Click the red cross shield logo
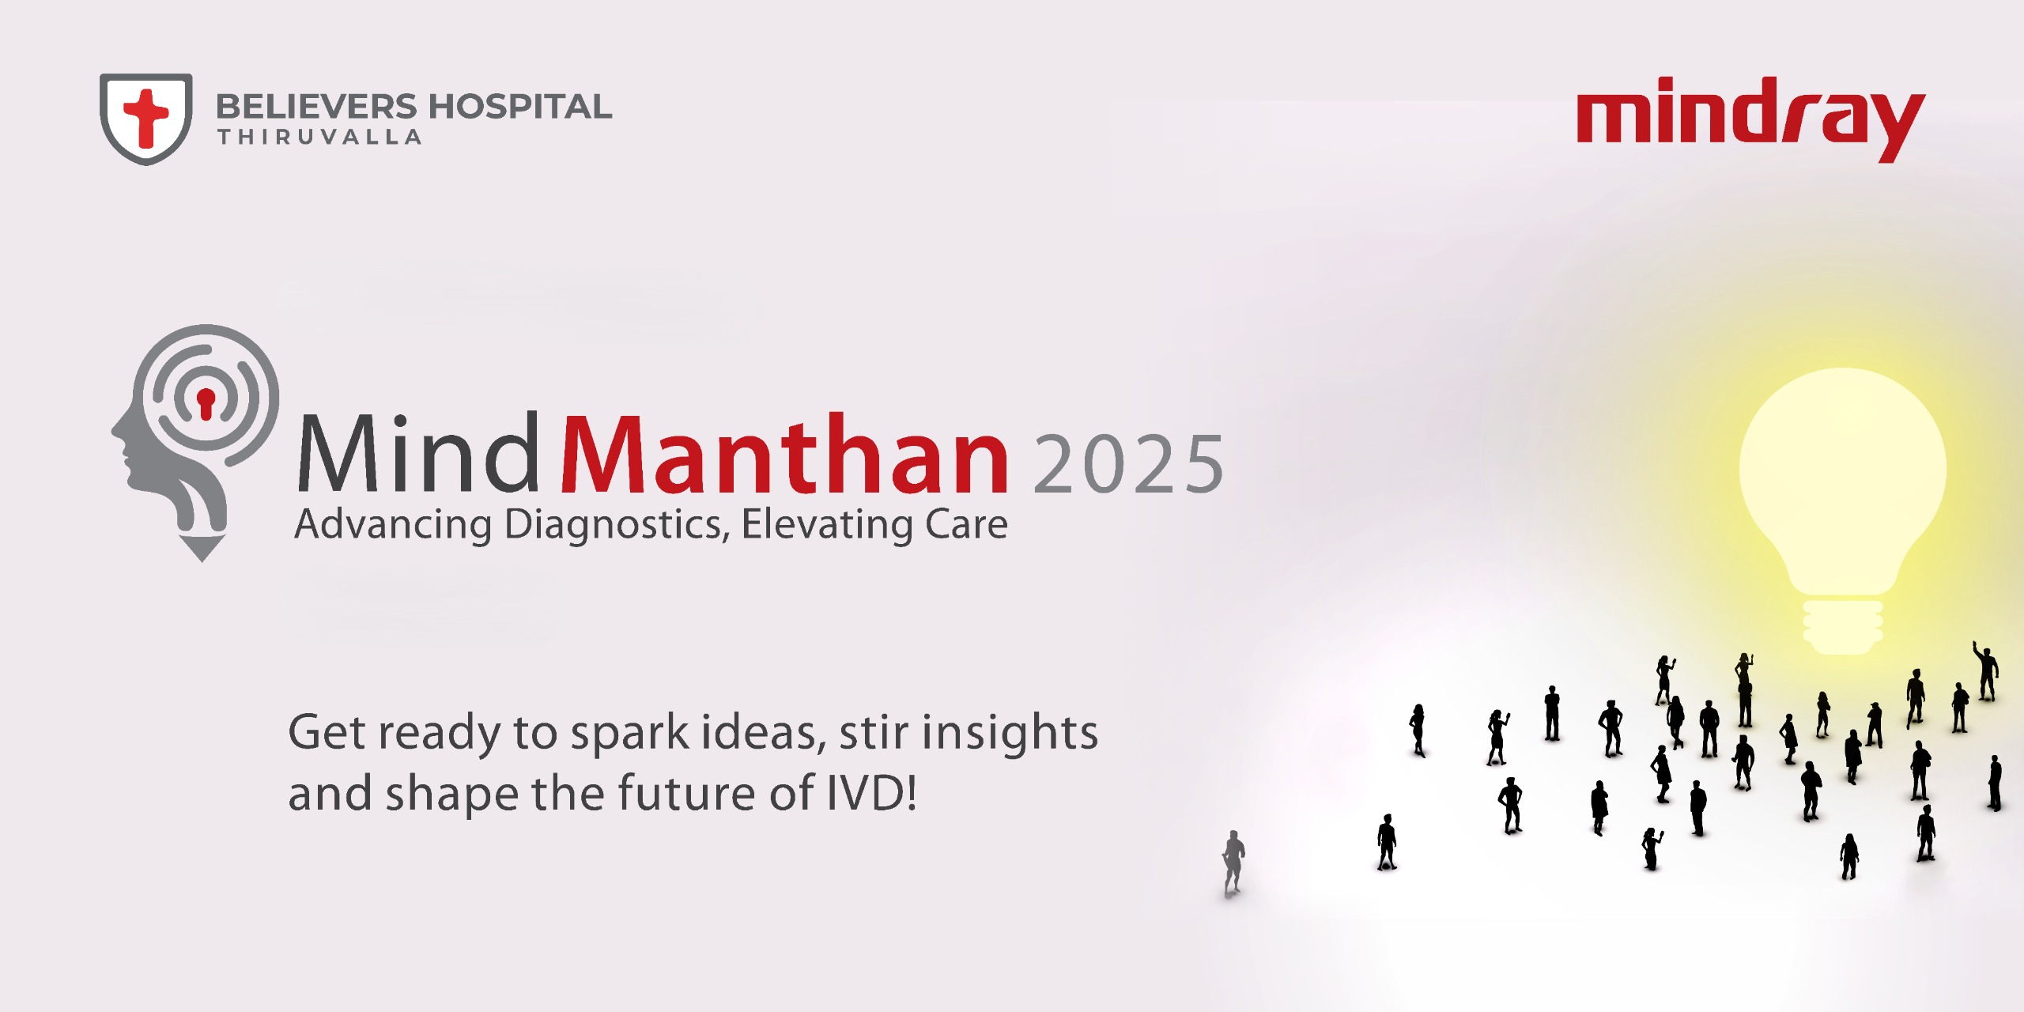pyautogui.click(x=146, y=119)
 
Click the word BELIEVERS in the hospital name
pyautogui.click(x=316, y=107)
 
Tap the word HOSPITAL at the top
pyautogui.click(x=520, y=107)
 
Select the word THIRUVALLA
pyautogui.click(x=319, y=138)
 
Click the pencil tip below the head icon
pyautogui.click(x=202, y=549)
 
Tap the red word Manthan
pyautogui.click(x=784, y=455)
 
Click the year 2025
pyautogui.click(x=1128, y=464)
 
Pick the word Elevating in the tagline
pyautogui.click(x=827, y=525)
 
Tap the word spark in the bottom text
pyautogui.click(x=631, y=734)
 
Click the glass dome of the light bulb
pyautogui.click(x=1842, y=474)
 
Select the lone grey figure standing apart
pyautogui.click(x=1233, y=862)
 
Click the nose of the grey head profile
pyautogui.click(x=115, y=432)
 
